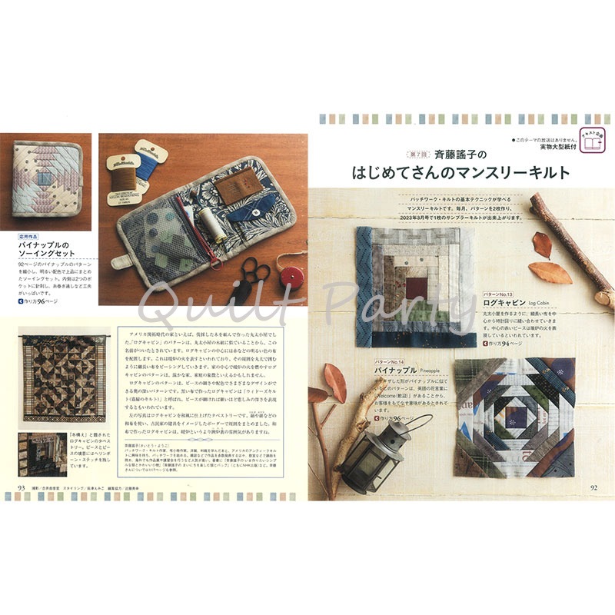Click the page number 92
click(x=593, y=487)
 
